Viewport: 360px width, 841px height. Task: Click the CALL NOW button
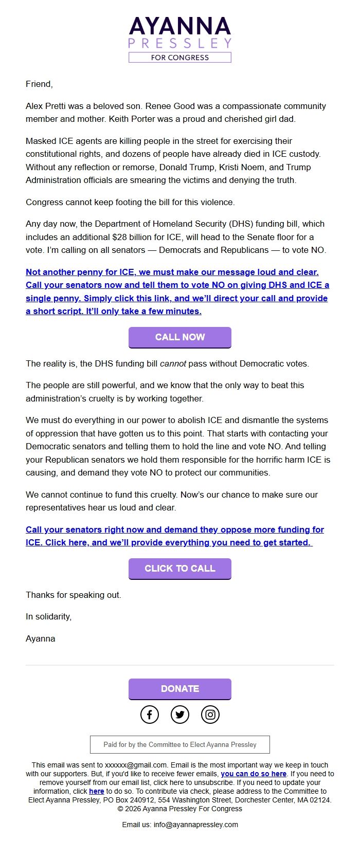179,337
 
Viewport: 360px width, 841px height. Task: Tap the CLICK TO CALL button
179,569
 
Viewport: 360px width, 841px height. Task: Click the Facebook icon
150,714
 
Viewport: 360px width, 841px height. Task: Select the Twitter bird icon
179,714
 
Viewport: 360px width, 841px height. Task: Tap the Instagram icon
210,714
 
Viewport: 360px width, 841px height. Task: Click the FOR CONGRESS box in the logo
179,58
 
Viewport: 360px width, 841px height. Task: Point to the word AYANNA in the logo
179,26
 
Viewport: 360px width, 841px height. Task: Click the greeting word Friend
39,84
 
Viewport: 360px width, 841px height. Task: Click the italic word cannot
173,363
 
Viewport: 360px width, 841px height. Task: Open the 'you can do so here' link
254,774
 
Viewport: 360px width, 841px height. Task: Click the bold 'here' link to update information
96,791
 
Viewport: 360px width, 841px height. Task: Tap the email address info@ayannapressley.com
195,825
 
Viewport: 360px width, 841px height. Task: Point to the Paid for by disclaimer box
179,744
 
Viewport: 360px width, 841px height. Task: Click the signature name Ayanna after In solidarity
40,638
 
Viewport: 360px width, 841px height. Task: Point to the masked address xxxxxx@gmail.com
136,765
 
